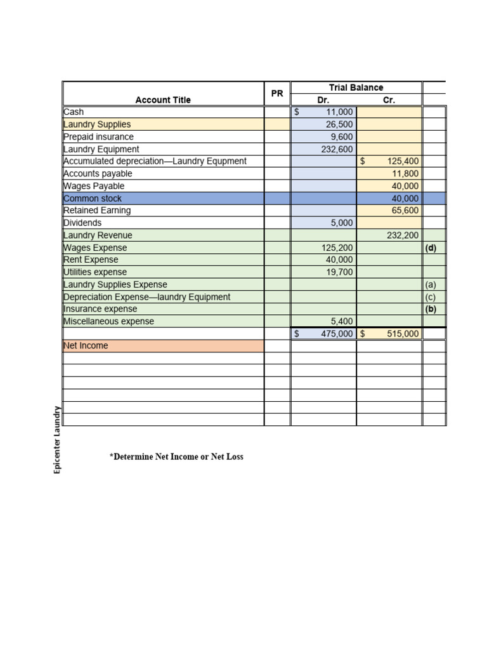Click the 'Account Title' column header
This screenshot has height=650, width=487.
point(163,100)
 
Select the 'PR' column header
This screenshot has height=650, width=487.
point(277,93)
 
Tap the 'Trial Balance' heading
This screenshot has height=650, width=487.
point(356,88)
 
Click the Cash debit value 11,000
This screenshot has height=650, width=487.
point(339,112)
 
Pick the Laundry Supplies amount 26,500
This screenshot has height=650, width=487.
point(339,124)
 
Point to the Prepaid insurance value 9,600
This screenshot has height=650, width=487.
point(342,136)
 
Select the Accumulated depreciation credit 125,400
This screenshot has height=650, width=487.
point(403,161)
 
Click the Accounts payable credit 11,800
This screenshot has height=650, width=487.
point(405,173)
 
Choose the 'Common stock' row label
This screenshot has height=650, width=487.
point(93,199)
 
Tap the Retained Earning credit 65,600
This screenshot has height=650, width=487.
point(405,210)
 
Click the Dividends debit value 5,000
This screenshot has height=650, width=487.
point(342,223)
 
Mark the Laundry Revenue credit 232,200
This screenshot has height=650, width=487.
point(403,235)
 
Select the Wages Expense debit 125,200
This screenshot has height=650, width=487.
point(337,248)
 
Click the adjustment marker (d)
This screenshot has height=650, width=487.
point(431,248)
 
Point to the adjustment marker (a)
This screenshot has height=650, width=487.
point(431,284)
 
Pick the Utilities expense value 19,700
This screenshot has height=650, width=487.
point(339,272)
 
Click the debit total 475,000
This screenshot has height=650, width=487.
point(337,333)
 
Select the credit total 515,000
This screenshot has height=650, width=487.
point(403,333)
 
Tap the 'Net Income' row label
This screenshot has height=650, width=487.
point(86,346)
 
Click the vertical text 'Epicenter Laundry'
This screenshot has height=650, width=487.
point(57,440)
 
